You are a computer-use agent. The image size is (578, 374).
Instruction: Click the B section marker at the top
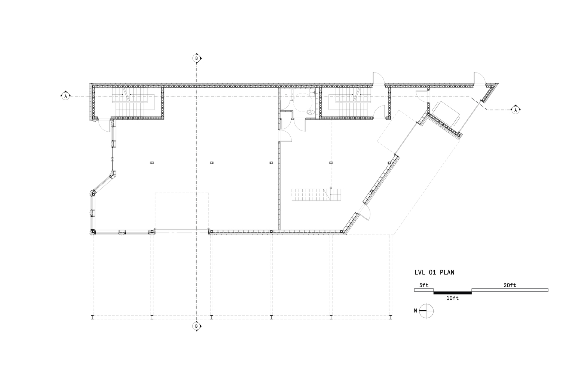pos(197,58)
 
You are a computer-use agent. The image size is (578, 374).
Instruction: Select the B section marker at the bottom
pos(197,326)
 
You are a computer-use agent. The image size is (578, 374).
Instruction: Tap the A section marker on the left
pos(65,96)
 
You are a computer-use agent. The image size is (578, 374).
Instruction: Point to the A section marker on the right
pos(516,110)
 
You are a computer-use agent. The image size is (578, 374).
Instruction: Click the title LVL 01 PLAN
pos(434,272)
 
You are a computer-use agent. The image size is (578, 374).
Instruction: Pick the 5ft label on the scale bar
pos(424,285)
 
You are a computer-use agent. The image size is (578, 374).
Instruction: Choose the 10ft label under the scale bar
pos(453,298)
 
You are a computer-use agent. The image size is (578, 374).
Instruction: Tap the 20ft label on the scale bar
pos(510,285)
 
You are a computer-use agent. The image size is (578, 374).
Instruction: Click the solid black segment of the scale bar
pos(453,293)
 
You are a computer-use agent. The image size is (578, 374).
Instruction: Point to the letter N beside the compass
pos(415,311)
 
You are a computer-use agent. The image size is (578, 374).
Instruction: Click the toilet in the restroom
pos(311,112)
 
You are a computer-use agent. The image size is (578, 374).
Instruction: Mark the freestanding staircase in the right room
pos(316,195)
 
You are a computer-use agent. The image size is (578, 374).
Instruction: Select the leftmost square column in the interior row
pos(152,163)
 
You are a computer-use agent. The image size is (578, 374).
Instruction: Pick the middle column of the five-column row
pos(271,163)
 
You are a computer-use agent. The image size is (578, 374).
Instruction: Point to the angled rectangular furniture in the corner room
pos(446,114)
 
